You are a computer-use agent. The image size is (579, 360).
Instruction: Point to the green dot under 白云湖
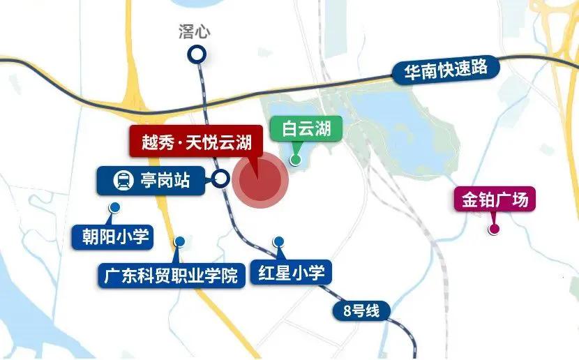[x=295, y=160]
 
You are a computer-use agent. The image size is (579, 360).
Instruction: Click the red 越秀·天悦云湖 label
[x=195, y=143]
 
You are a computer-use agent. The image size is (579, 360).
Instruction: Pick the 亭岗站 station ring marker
[x=221, y=179]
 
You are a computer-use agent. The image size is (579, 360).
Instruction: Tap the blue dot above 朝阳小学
[x=114, y=207]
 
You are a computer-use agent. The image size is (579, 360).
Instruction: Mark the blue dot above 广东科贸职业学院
[x=180, y=241]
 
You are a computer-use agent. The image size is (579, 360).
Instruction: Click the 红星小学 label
[x=291, y=272]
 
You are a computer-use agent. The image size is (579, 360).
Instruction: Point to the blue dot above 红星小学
[x=279, y=241]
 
